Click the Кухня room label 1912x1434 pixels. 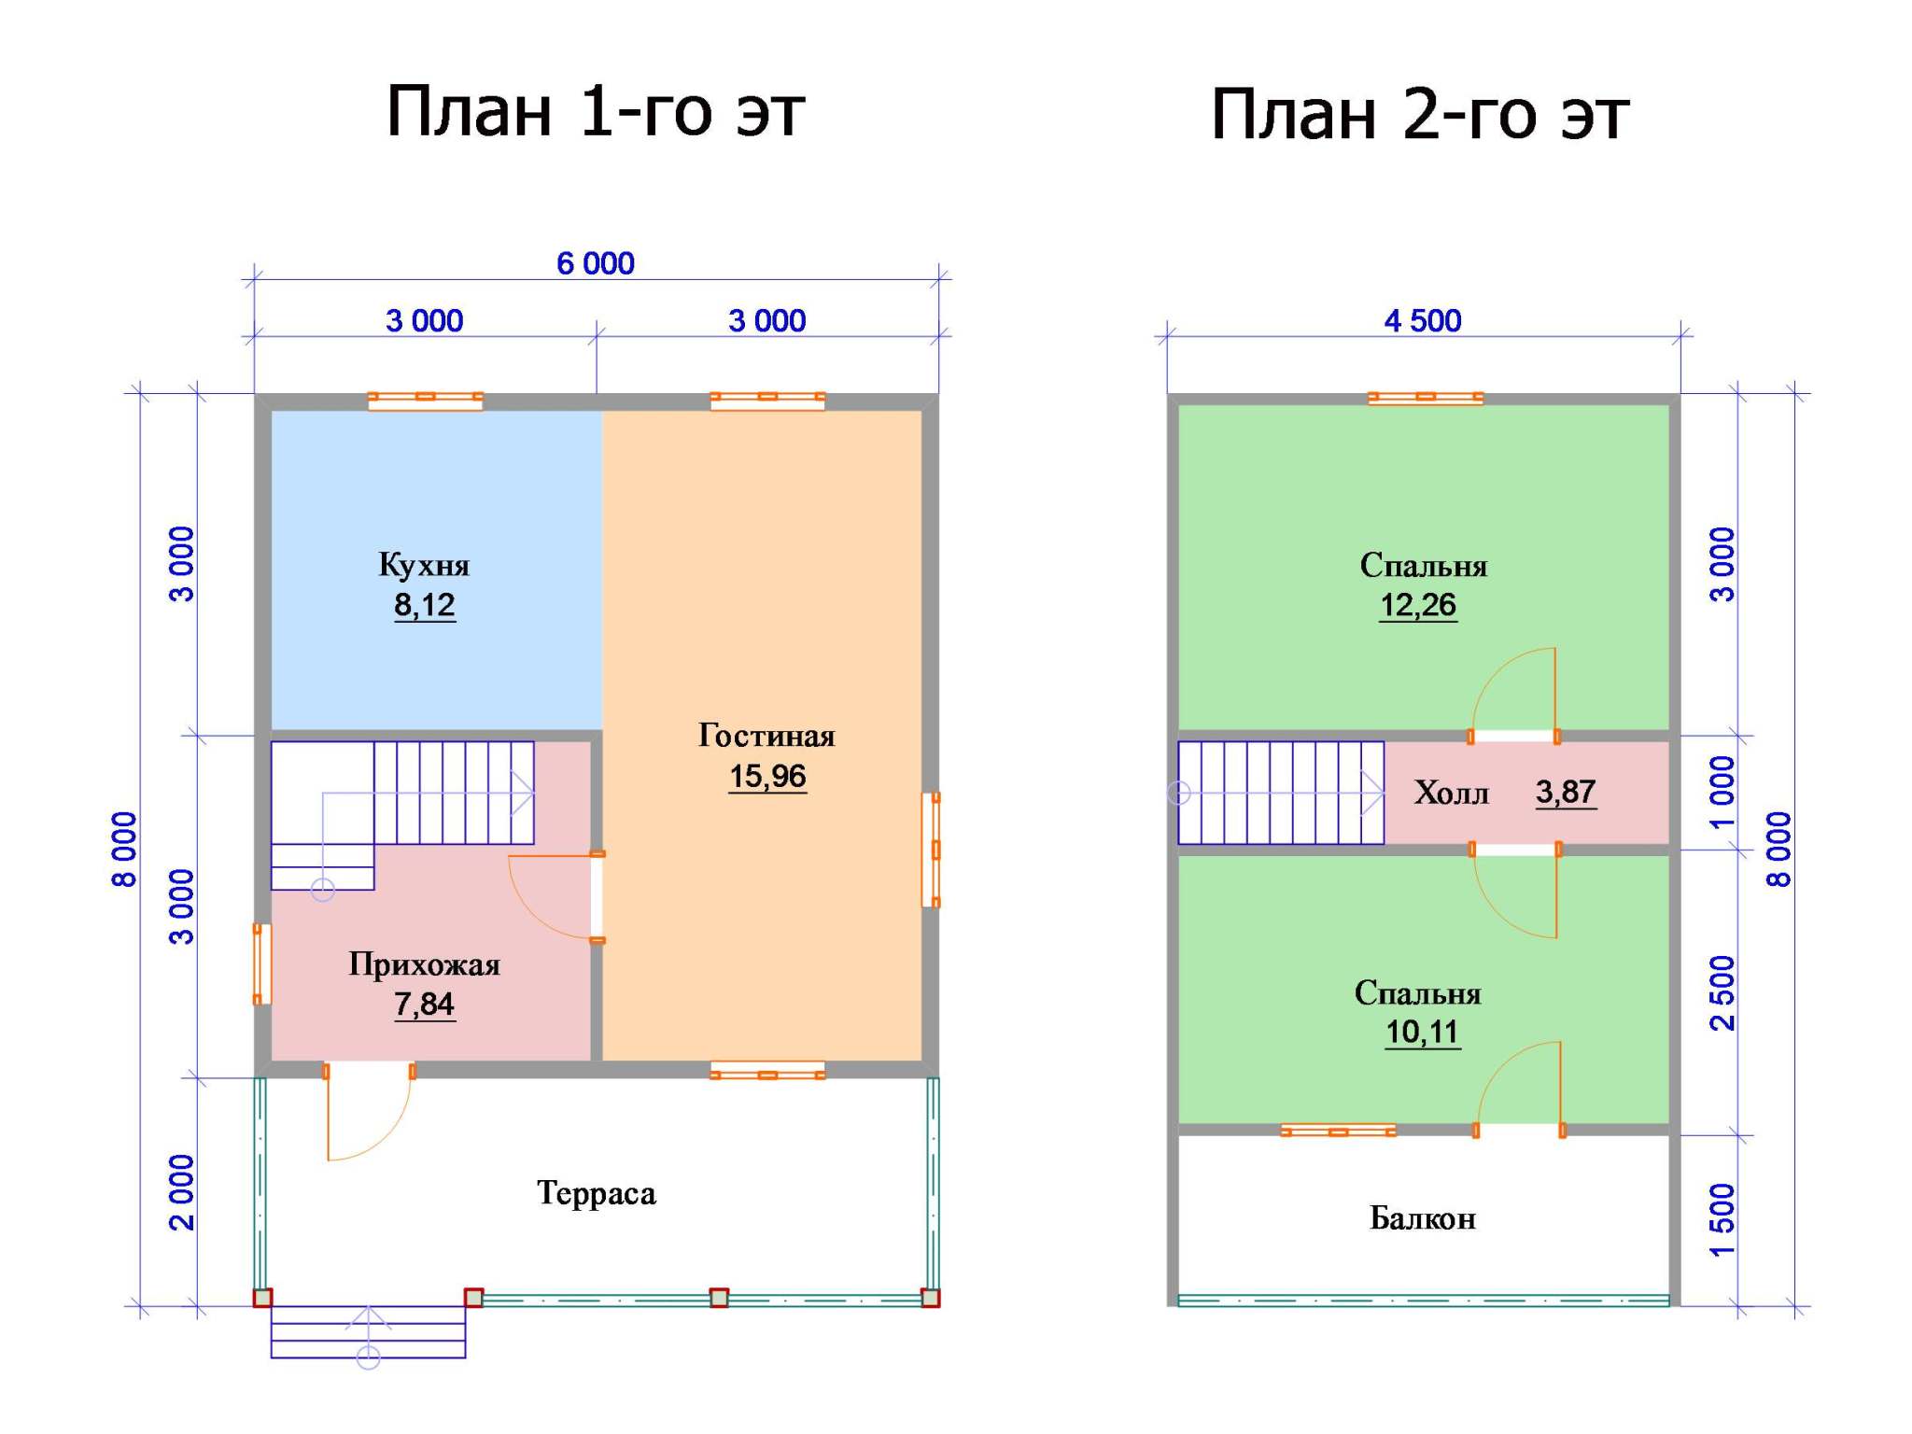(x=424, y=566)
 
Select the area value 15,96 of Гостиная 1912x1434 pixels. (x=767, y=776)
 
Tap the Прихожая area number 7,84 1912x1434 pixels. (x=424, y=1005)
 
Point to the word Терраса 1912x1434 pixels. (x=597, y=1194)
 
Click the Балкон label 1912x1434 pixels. (x=1423, y=1218)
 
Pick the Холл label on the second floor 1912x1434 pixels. (x=1451, y=793)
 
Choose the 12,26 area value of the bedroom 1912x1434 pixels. (x=1418, y=605)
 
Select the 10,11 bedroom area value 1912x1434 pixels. (x=1422, y=1033)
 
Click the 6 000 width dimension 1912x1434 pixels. (x=596, y=264)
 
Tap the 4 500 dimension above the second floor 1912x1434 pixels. (x=1423, y=321)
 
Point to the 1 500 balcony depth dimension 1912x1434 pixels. (x=1722, y=1220)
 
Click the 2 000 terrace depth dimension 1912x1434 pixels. (x=182, y=1192)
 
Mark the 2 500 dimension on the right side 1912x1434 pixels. (x=1722, y=992)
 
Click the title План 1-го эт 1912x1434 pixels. (x=596, y=111)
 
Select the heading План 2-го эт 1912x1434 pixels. (x=1420, y=114)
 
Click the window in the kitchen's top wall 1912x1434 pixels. (x=425, y=401)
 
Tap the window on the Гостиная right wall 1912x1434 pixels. (x=931, y=850)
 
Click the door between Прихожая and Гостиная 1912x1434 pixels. (x=597, y=896)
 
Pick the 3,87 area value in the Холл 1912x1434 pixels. (x=1566, y=793)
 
